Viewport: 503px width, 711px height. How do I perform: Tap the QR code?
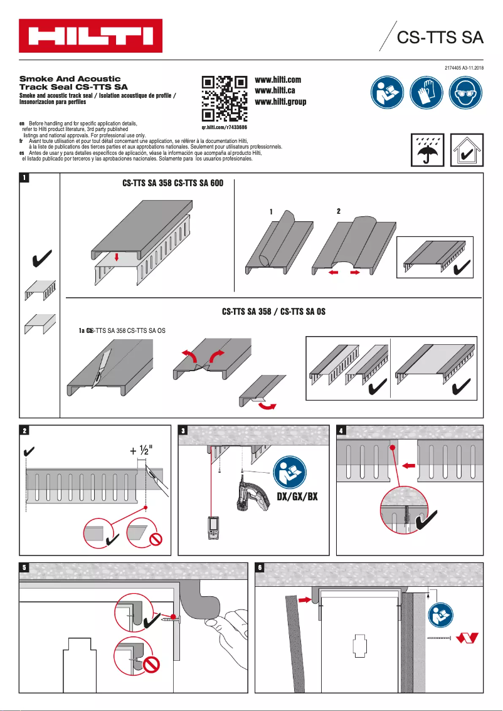coord(224,98)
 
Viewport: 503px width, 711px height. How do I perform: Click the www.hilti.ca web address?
coord(275,91)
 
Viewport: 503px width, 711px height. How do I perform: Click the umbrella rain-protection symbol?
coord(427,150)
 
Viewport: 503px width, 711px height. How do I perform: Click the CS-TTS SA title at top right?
coord(440,37)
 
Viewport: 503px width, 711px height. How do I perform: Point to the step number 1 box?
coord(24,178)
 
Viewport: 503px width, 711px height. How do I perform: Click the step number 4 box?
coord(341,431)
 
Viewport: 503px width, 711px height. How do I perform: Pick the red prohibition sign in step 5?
coord(151,664)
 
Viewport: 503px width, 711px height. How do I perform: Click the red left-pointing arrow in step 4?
coord(409,466)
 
